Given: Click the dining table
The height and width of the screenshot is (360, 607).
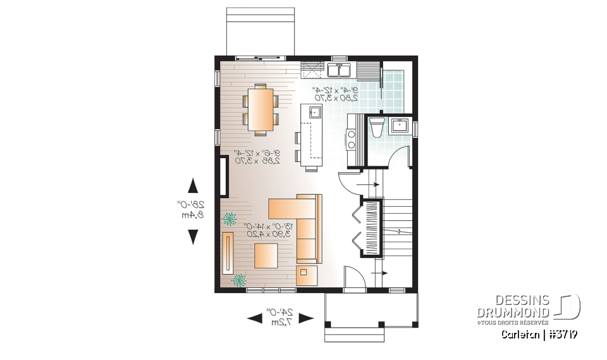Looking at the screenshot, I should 259,108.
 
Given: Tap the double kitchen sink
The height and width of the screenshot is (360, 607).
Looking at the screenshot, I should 340,68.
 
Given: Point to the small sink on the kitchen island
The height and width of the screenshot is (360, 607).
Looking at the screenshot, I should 314,113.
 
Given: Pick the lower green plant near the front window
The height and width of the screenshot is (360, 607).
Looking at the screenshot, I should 239,279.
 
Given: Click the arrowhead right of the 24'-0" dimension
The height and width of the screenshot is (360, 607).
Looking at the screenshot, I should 305,318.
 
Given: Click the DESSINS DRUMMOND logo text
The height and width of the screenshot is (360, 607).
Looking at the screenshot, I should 513,306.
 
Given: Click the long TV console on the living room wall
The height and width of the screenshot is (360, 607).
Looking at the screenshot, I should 228,252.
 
